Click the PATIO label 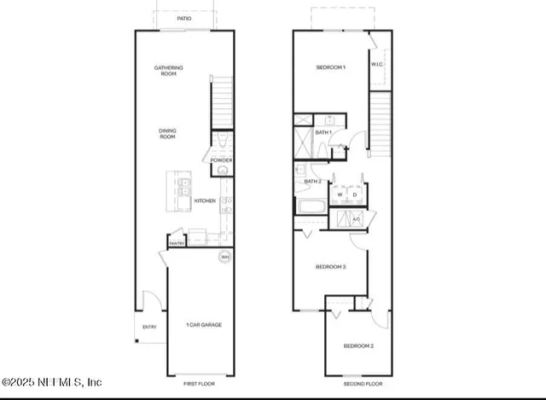(184, 18)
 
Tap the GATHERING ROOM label (168, 71)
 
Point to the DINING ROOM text (167, 134)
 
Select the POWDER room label (221, 160)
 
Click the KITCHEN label (205, 201)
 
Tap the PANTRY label (177, 243)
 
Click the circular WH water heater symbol (225, 257)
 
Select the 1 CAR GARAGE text (202, 325)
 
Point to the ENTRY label (149, 327)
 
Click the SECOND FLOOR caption (342, 385)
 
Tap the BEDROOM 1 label (330, 67)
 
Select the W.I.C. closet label (377, 65)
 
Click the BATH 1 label (323, 133)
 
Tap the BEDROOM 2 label (357, 345)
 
